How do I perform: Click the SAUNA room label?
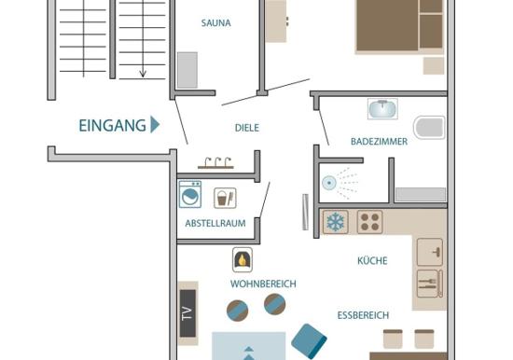(x=216, y=23)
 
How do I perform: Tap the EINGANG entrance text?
(x=113, y=126)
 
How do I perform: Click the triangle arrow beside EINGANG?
(x=155, y=124)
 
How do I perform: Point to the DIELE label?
(x=247, y=128)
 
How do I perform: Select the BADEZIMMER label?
(x=380, y=142)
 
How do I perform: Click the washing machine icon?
(x=189, y=194)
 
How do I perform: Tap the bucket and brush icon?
(x=225, y=198)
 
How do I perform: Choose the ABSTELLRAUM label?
(x=215, y=223)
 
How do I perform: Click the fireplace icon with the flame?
(x=243, y=260)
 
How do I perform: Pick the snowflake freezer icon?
(x=336, y=222)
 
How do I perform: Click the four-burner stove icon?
(x=370, y=222)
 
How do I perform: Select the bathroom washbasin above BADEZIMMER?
(x=382, y=109)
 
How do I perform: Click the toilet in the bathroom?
(x=429, y=128)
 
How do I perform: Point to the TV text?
(x=187, y=313)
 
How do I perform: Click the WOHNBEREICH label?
(x=263, y=284)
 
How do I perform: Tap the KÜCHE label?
(x=372, y=260)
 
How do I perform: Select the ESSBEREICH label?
(x=363, y=315)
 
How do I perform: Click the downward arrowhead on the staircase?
(x=143, y=74)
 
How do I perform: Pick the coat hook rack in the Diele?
(x=216, y=163)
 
